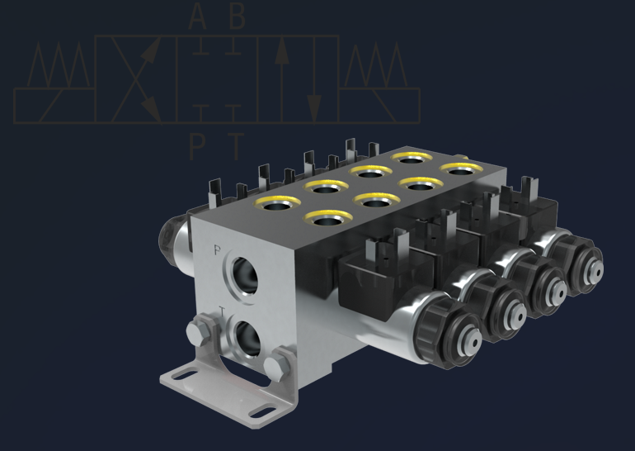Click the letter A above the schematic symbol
[x=198, y=16]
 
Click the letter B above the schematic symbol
[x=237, y=16]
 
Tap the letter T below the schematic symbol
[x=237, y=146]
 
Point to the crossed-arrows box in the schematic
[x=136, y=78]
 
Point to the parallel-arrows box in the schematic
[x=298, y=78]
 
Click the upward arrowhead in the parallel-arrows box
[x=281, y=50]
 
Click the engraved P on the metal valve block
[x=217, y=249]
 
